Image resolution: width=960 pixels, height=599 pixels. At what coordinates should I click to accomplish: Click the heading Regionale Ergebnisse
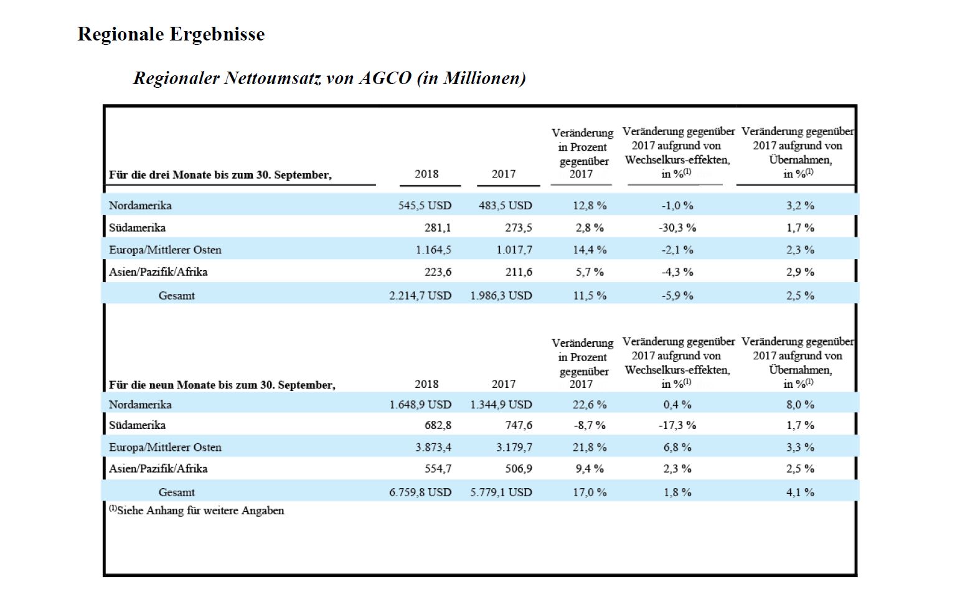pos(171,34)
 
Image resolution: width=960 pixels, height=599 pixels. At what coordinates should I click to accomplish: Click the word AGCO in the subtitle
pos(385,78)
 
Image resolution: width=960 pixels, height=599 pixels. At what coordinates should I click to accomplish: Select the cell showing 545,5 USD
pos(425,205)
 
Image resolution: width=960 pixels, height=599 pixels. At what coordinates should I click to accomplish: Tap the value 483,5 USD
pos(506,205)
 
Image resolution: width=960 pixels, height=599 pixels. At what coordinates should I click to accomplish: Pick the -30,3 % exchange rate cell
pos(677,228)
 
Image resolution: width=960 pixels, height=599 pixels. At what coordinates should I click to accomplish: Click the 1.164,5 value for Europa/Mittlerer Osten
pos(433,250)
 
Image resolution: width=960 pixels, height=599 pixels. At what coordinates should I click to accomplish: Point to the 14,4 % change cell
pos(590,250)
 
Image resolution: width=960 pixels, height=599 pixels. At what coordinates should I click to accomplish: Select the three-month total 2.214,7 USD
pos(420,295)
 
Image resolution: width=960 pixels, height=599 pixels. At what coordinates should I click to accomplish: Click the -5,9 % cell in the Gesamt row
pos(677,295)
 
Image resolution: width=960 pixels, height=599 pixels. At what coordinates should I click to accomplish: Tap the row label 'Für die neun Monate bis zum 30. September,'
pos(222,385)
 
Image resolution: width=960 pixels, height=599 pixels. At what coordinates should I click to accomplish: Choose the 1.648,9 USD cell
pos(420,404)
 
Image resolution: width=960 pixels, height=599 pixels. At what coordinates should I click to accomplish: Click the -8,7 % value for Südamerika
pos(590,425)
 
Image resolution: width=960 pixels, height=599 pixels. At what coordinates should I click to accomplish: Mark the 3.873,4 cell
pos(433,447)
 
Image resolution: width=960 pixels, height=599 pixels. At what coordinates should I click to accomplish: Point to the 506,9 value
pos(519,469)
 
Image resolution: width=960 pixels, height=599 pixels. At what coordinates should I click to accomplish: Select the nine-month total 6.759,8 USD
pos(420,493)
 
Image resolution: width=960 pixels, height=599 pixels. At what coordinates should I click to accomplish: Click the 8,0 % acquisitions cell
pos(800,404)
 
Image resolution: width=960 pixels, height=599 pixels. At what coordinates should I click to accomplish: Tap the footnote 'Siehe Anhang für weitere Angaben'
pos(200,511)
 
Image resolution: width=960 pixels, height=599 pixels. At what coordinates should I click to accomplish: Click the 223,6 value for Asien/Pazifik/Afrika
pos(438,272)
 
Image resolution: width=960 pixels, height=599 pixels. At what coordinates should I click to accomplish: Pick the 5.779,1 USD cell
pos(501,493)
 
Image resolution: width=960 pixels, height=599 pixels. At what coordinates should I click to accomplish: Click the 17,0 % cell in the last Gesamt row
pos(590,493)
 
